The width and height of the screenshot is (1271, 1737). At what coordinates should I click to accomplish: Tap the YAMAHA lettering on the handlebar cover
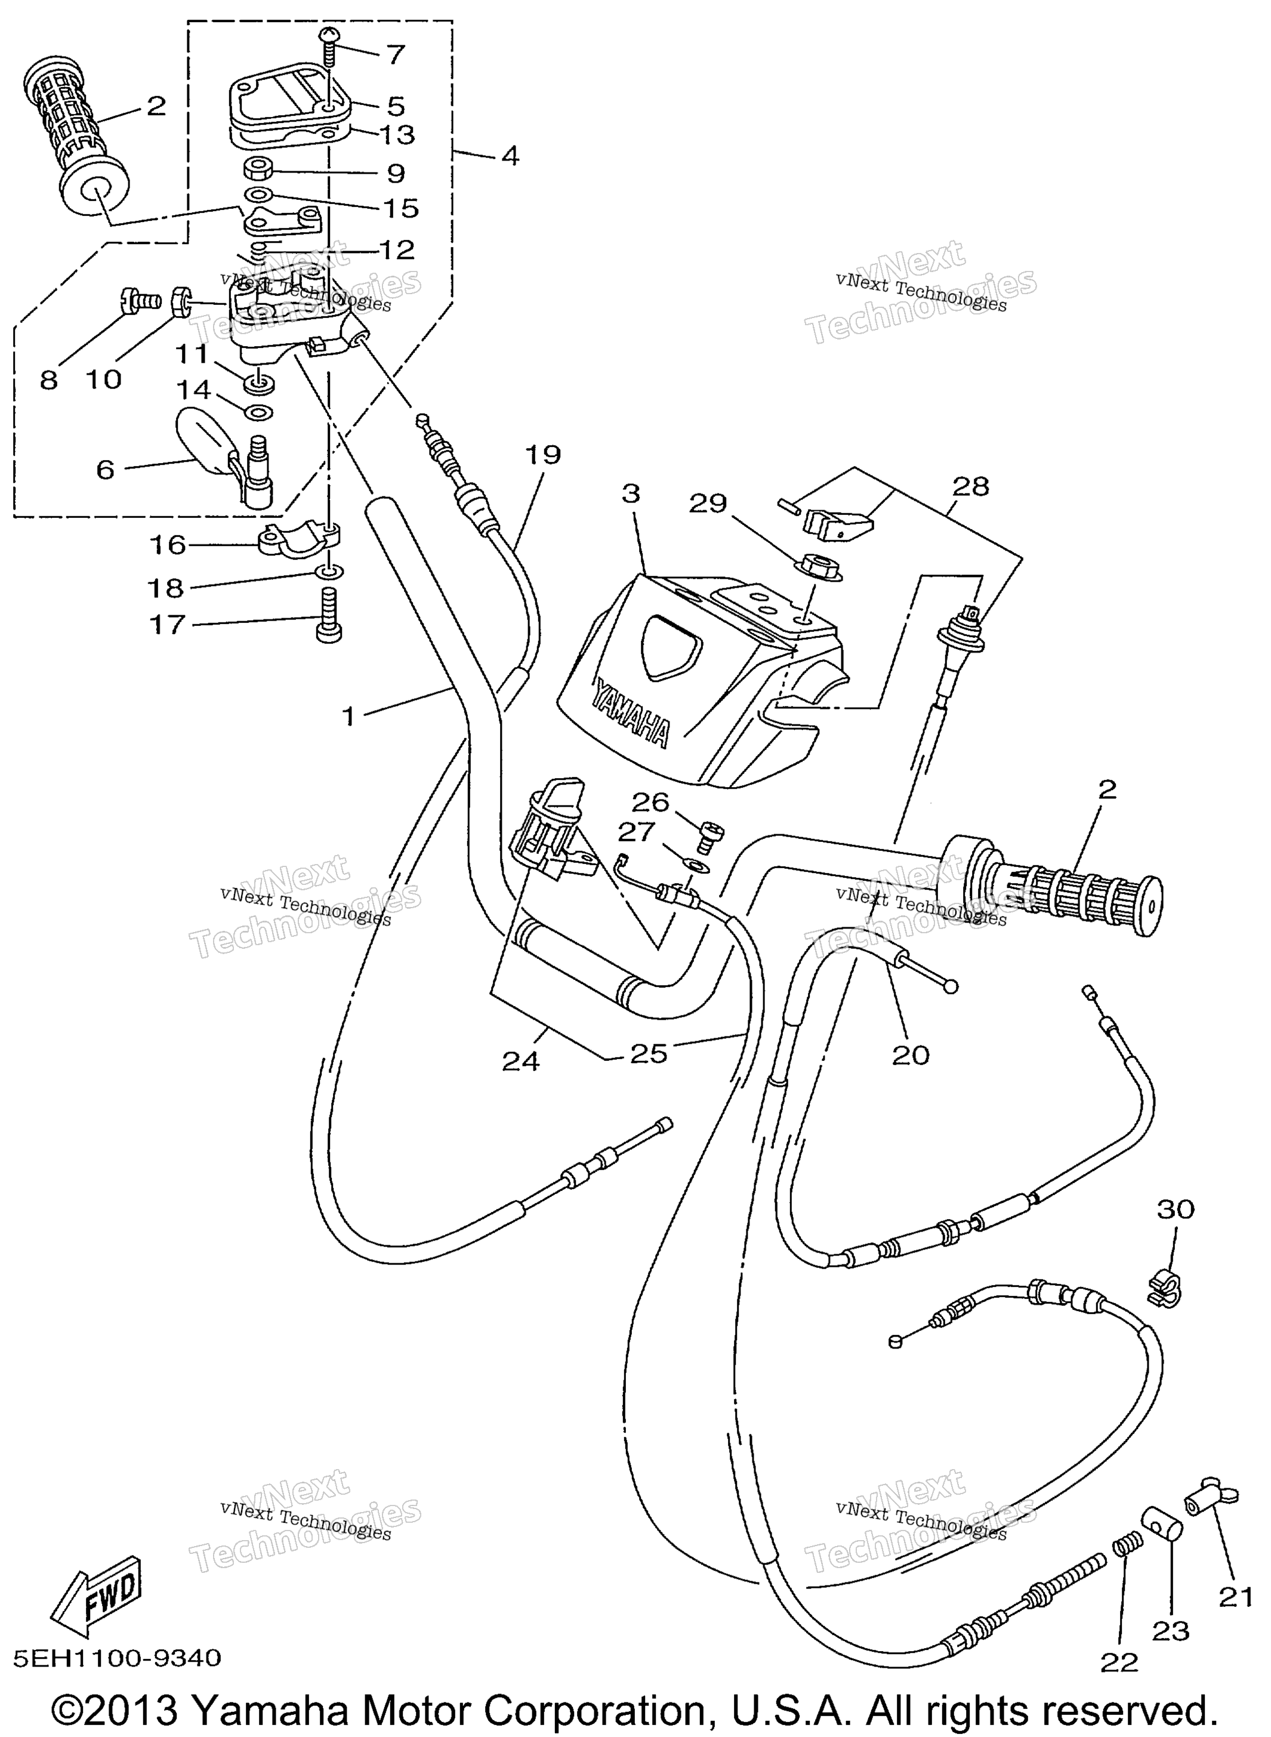630,710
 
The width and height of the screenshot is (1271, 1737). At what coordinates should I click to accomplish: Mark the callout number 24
521,1062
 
